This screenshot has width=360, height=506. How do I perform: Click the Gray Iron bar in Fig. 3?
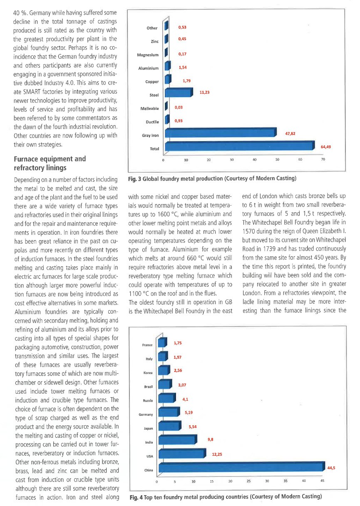point(221,133)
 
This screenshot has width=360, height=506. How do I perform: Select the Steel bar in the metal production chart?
point(179,92)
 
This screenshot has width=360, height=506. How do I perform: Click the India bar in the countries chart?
point(178,439)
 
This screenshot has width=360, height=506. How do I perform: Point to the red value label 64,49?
point(325,147)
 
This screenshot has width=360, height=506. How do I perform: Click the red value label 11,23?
point(204,92)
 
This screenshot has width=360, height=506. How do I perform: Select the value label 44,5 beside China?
point(331,468)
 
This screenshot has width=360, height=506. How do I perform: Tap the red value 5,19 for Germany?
point(189,412)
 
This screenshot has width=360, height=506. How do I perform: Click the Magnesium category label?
point(148,55)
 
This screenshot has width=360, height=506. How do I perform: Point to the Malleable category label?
point(149,109)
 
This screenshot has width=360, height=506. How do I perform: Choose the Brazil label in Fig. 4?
point(149,387)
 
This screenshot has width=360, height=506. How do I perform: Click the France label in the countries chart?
point(147,345)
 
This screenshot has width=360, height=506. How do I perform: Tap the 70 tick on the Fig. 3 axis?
point(323,159)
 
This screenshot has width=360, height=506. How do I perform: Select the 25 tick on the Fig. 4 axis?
point(248,481)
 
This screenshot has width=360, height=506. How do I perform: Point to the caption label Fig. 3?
point(134,179)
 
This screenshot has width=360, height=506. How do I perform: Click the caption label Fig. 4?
point(136,497)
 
